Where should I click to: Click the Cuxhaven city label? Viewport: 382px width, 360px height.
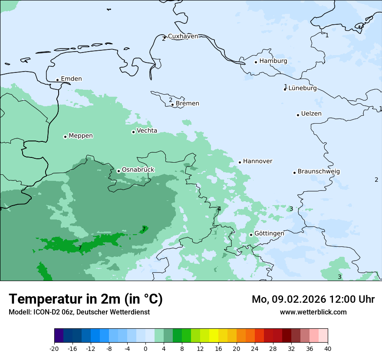(x=183, y=36)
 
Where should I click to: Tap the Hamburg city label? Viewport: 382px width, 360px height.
(x=273, y=61)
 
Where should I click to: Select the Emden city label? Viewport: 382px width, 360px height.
(x=71, y=79)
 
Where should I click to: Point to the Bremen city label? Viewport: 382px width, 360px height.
(x=188, y=104)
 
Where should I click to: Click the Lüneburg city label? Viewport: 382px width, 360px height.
(x=303, y=88)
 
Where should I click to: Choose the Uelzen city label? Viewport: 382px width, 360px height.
(x=311, y=114)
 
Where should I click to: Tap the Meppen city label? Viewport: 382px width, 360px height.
(x=81, y=136)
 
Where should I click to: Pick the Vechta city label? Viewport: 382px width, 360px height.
(x=147, y=131)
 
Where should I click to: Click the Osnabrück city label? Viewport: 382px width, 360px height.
(x=138, y=170)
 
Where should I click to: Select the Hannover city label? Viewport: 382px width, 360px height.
(x=257, y=161)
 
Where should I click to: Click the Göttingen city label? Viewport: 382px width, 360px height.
(x=269, y=233)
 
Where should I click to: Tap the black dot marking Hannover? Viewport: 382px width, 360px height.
(x=240, y=162)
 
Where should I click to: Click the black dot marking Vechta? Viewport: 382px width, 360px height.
(x=133, y=132)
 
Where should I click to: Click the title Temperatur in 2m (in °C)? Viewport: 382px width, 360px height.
(x=86, y=299)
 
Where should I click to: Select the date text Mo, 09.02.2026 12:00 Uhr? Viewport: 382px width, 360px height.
(x=313, y=299)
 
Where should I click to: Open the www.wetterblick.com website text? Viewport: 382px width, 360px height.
(x=313, y=312)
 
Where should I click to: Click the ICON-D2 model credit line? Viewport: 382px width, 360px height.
(x=79, y=312)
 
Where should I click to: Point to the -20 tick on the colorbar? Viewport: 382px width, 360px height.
(x=54, y=349)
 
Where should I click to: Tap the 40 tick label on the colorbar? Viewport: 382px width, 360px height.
(x=328, y=349)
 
